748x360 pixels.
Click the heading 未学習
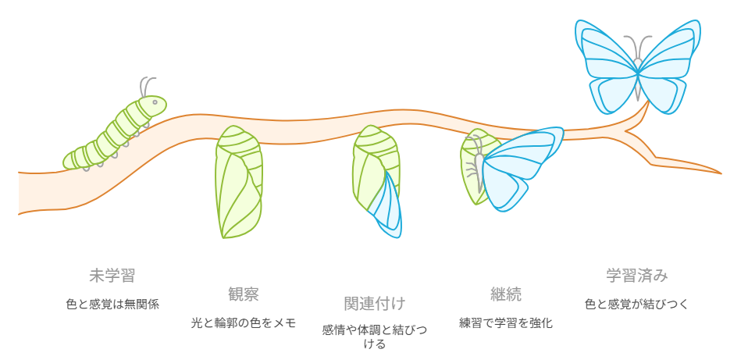[x=112, y=276]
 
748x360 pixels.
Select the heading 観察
[x=244, y=294]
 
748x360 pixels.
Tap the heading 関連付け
[x=375, y=303]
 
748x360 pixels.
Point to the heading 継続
[x=506, y=294]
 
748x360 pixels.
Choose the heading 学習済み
[x=637, y=276]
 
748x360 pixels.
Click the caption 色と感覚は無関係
[x=112, y=305]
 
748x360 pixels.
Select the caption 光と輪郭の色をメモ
[x=244, y=323]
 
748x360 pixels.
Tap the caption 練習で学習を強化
[x=506, y=323]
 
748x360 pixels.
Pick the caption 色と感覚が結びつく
[x=637, y=305]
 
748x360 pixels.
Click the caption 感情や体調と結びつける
[x=375, y=337]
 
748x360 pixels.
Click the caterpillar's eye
[x=155, y=102]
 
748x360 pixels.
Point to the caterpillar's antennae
[x=148, y=87]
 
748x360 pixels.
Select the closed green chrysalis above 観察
[x=239, y=182]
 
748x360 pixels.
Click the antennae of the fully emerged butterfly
[x=638, y=47]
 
